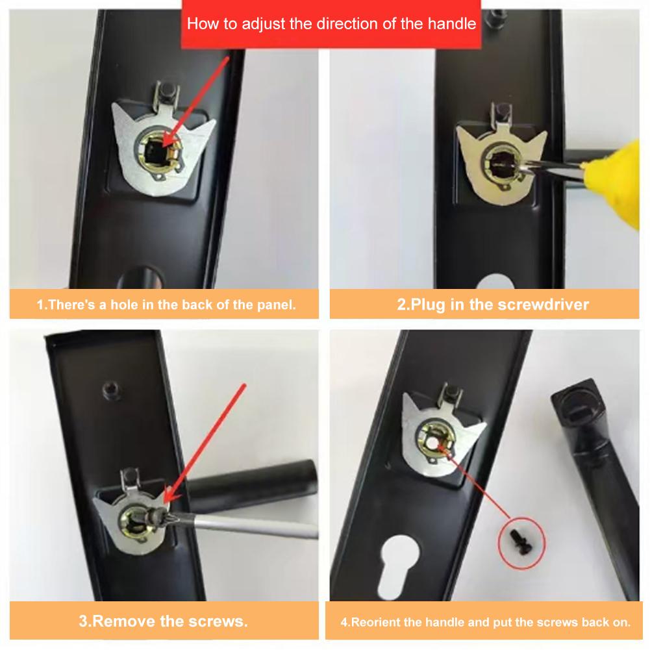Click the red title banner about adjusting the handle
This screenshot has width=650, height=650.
click(331, 24)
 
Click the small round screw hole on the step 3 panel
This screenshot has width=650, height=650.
click(110, 390)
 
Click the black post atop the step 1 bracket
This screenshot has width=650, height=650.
click(167, 90)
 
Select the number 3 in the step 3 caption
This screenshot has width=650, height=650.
click(83, 621)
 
